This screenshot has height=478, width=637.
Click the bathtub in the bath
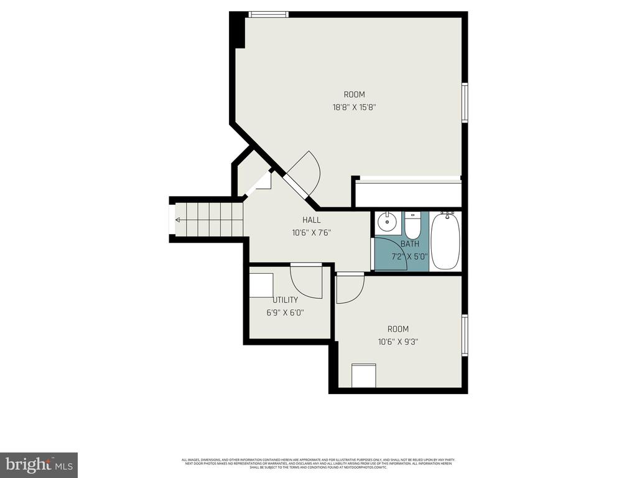pyautogui.click(x=445, y=241)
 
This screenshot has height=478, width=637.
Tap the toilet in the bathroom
pyautogui.click(x=412, y=225)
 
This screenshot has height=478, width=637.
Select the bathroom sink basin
pyautogui.click(x=388, y=222)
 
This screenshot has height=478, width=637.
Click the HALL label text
pyautogui.click(x=312, y=220)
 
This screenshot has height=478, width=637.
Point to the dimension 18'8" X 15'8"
pyautogui.click(x=355, y=107)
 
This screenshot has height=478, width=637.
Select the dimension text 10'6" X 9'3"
pyautogui.click(x=398, y=341)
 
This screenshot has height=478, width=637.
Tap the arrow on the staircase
pyautogui.click(x=179, y=220)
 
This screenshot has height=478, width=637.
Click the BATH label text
pyautogui.click(x=410, y=244)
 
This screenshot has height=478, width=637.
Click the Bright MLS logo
pyautogui.click(x=39, y=464)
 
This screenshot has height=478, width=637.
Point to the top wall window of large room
pyautogui.click(x=268, y=14)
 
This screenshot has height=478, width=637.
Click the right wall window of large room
pyautogui.click(x=465, y=103)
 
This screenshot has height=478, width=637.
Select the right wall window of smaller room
pyautogui.click(x=465, y=335)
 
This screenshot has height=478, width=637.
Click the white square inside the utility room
pyautogui.click(x=261, y=285)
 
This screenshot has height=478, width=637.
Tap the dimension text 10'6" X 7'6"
pyautogui.click(x=312, y=233)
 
